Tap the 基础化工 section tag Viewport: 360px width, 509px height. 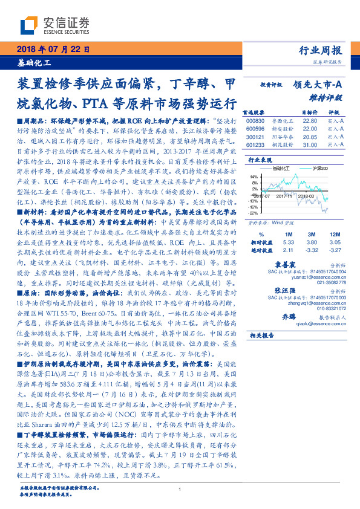tap(33, 63)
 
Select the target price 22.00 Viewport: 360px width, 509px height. tap(310, 129)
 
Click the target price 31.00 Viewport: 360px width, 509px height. tap(310, 144)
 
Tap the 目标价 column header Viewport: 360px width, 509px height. tap(309, 112)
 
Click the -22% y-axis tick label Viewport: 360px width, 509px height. tap(253, 213)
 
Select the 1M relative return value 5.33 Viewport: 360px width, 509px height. tap(288, 241)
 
